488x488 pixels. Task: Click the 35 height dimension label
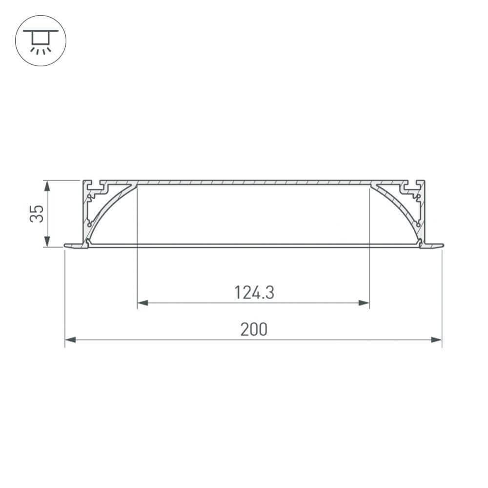coord(37,214)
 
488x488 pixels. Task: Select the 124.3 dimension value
coord(254,292)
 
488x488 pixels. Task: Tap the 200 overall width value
coord(254,329)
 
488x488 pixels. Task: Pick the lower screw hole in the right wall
coord(417,224)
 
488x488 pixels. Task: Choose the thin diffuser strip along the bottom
coord(254,245)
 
